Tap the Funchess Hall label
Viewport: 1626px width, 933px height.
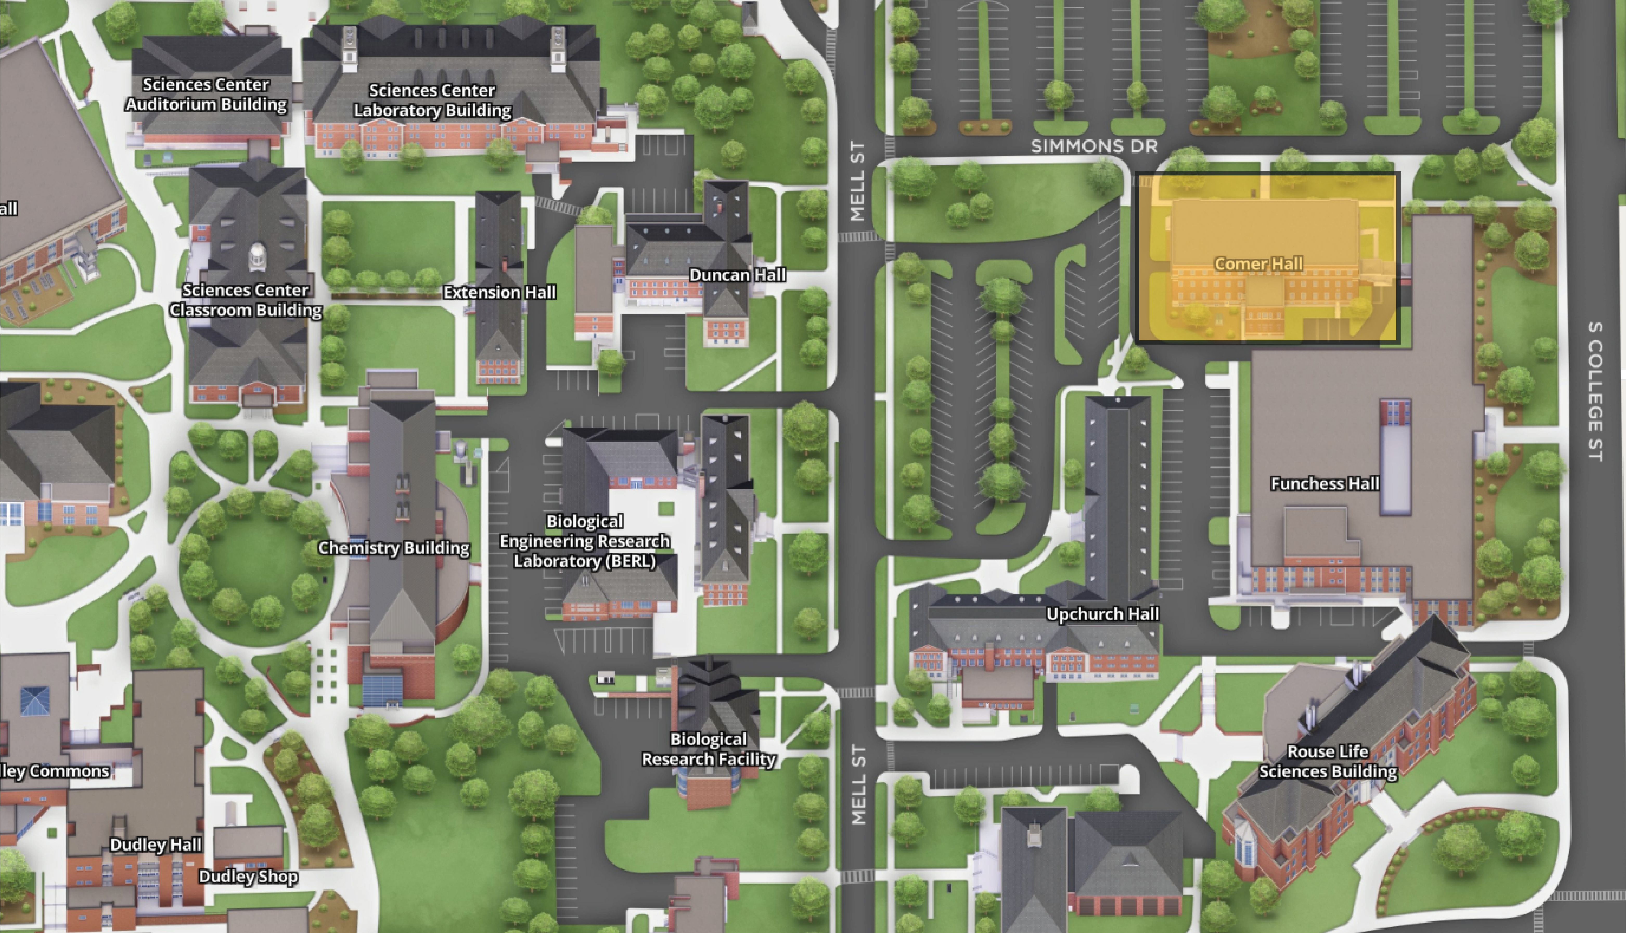pyautogui.click(x=1325, y=484)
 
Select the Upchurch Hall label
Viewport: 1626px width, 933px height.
pyautogui.click(x=1102, y=614)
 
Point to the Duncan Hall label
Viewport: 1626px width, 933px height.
pyautogui.click(x=737, y=275)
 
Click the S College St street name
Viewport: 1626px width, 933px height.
pyautogui.click(x=1595, y=391)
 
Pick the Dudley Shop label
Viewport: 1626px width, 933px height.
pyautogui.click(x=248, y=877)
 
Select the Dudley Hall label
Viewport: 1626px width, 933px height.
pyautogui.click(x=156, y=845)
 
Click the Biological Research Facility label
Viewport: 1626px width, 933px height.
pyautogui.click(x=709, y=749)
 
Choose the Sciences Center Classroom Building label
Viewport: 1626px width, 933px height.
pyautogui.click(x=246, y=300)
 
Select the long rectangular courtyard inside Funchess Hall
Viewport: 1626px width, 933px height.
pyautogui.click(x=1395, y=458)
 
